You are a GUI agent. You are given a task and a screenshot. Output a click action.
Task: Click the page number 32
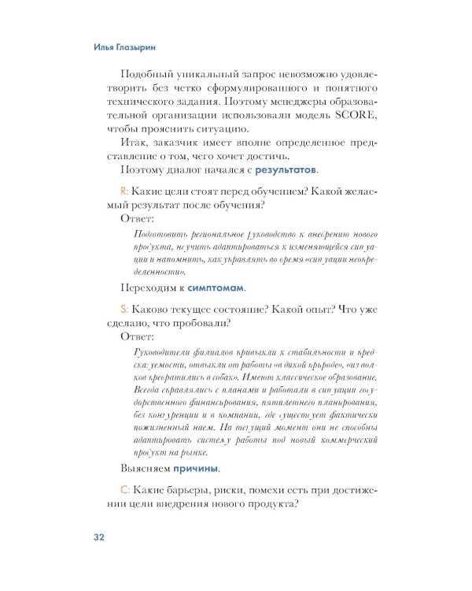98,537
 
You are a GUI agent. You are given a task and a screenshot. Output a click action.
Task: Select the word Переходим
149,288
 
